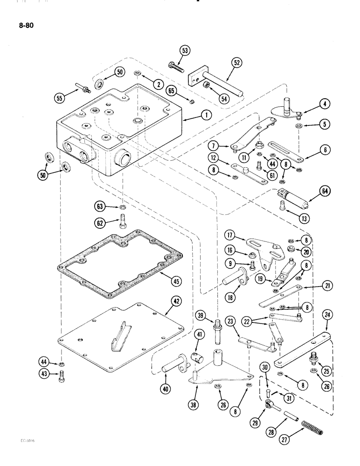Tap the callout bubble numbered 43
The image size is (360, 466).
point(43,375)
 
